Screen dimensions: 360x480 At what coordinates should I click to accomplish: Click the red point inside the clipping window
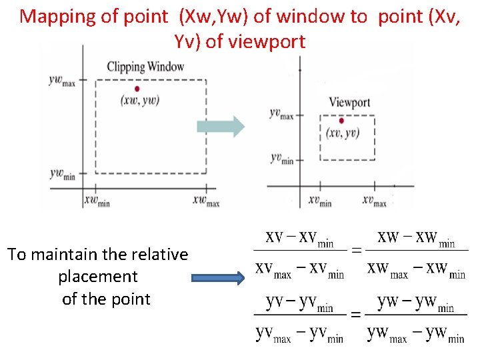tap(137, 89)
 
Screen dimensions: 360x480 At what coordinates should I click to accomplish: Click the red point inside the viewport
tap(341, 121)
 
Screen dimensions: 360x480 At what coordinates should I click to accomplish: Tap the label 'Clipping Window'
tap(145, 66)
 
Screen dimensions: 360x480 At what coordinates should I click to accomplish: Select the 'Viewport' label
tap(349, 102)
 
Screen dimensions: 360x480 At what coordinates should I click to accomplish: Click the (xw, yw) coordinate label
tap(140, 100)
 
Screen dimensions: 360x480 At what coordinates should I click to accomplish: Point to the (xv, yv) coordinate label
tap(343, 133)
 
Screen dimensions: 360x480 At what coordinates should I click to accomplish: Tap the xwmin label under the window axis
tap(97, 200)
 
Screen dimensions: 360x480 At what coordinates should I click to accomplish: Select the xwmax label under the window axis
tap(206, 200)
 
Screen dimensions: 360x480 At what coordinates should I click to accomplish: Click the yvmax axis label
tap(281, 114)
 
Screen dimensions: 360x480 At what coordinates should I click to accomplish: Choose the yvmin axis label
tap(281, 158)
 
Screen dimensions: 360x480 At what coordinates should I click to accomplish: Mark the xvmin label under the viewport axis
tap(320, 200)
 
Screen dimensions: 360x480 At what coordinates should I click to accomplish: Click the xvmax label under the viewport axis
tap(375, 200)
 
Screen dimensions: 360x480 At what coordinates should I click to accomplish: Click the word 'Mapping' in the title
tap(55, 16)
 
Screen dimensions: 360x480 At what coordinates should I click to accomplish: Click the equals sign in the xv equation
tap(357, 251)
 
